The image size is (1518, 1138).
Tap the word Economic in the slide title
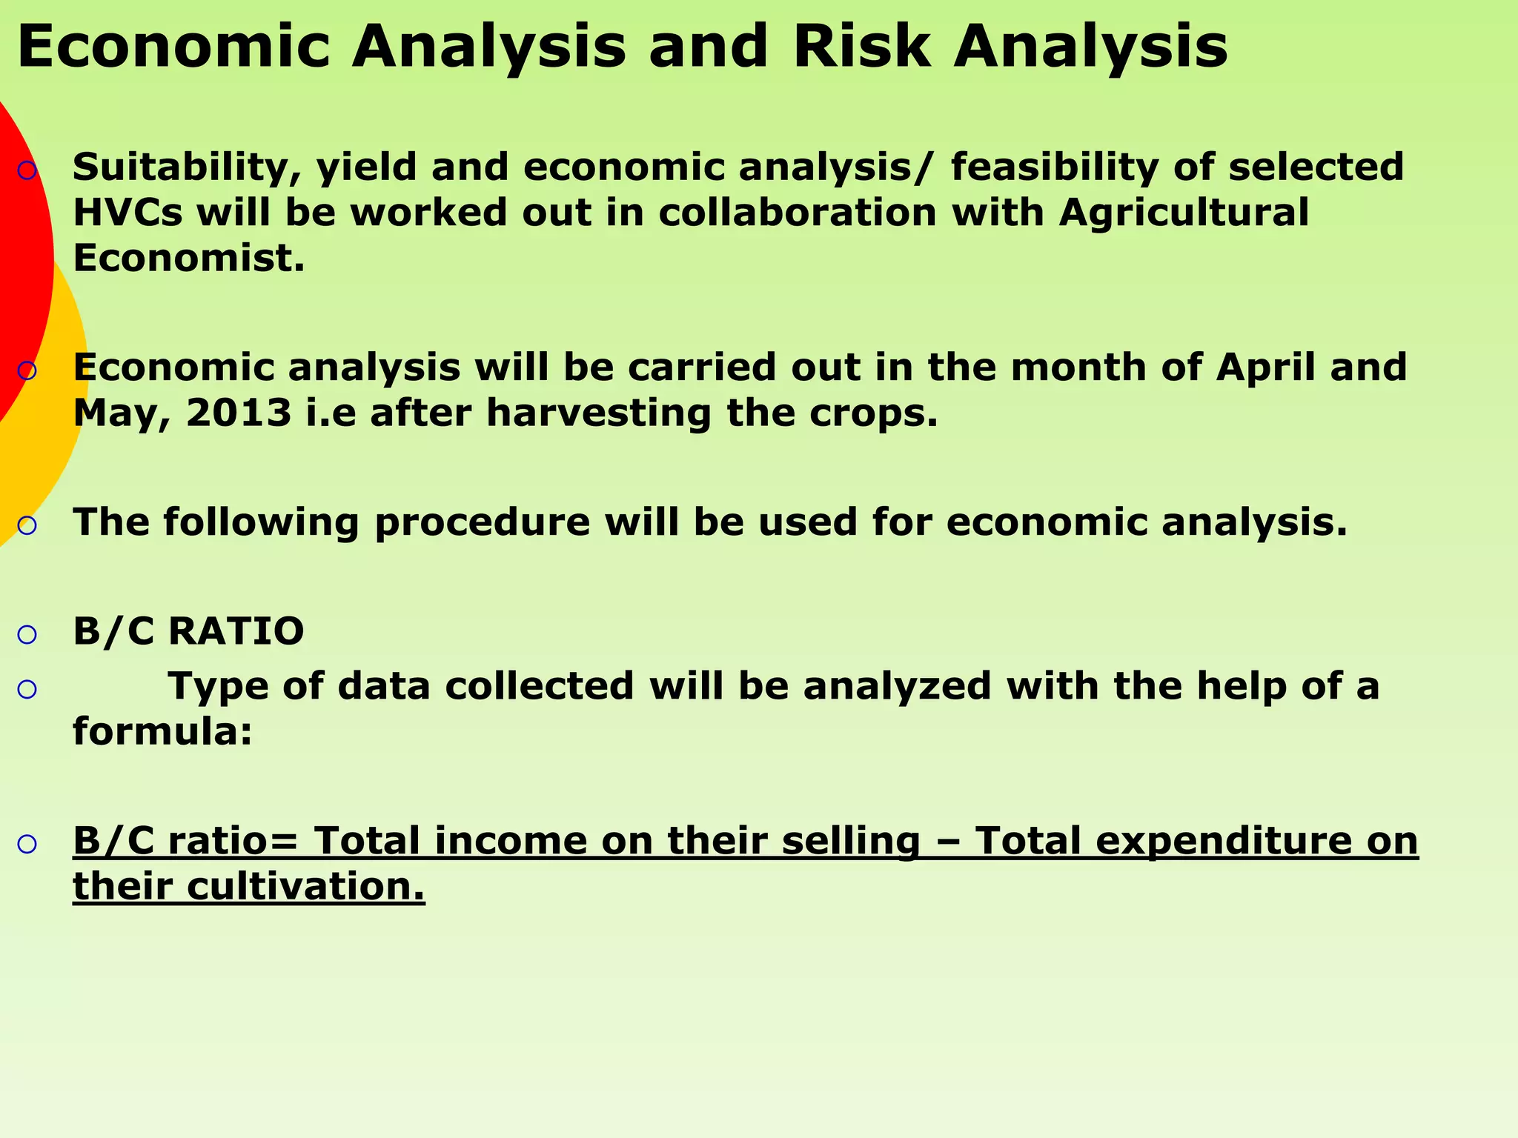[x=173, y=47]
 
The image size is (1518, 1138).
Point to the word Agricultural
[x=1184, y=213]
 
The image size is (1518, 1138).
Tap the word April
[x=1265, y=367]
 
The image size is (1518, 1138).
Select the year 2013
[x=239, y=413]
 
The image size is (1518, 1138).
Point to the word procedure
[x=482, y=523]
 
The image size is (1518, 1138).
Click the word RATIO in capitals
[x=236, y=632]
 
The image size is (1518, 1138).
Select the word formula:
[x=162, y=732]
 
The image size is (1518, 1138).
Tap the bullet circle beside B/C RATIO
[x=27, y=635]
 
